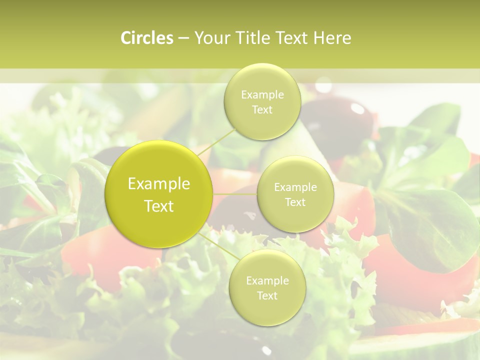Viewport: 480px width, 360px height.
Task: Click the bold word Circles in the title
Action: (146, 38)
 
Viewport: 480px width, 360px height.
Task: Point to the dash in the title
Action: (183, 38)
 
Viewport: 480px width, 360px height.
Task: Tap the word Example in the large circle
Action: (159, 184)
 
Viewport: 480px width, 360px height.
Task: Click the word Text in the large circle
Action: (159, 206)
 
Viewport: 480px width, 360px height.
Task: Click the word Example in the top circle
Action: (262, 94)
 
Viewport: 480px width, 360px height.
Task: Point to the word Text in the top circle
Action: (262, 110)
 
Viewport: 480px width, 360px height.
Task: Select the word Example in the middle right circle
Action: (295, 187)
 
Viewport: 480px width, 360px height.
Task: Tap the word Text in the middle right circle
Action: (295, 202)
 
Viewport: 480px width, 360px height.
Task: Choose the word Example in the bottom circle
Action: (267, 281)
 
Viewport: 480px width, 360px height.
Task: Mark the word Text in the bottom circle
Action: (267, 296)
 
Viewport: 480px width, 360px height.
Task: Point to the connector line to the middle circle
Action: (235, 193)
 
